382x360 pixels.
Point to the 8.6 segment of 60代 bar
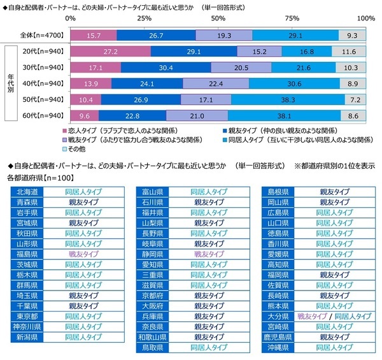coord(353,116)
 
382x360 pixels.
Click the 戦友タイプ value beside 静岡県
coord(209,253)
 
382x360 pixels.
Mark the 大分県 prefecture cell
coord(278,315)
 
